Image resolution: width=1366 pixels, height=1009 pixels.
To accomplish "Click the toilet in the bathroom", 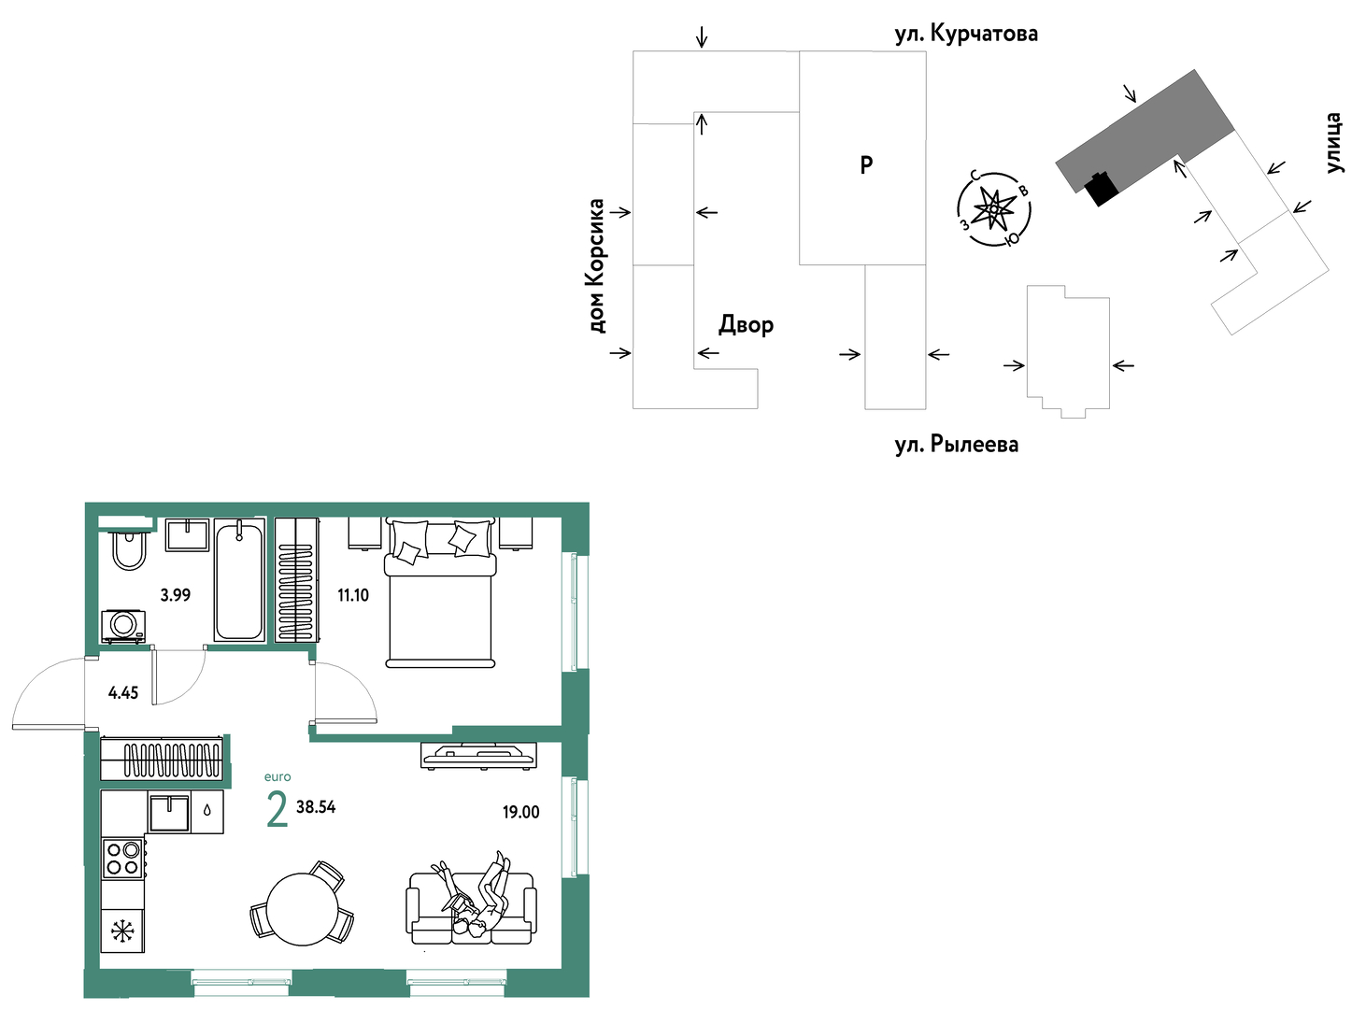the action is [x=128, y=547].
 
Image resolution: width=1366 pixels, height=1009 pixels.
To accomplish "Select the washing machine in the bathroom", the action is [x=123, y=626].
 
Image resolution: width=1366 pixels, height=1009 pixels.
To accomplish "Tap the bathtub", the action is [x=239, y=581].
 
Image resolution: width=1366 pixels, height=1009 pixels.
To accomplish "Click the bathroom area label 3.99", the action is [x=176, y=595].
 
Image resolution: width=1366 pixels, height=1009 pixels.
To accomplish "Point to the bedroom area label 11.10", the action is [x=353, y=595].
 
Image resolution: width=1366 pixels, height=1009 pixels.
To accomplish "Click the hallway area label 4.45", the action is [x=123, y=693].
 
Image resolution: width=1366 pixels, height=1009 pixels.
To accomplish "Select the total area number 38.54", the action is [x=316, y=807].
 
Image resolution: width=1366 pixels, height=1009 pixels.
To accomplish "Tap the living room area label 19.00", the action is [x=520, y=813].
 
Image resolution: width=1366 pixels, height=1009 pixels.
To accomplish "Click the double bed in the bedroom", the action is [x=440, y=592].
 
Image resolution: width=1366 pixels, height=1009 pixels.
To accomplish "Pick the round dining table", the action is [x=303, y=909].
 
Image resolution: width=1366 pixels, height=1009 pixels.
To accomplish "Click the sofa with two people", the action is [x=470, y=908].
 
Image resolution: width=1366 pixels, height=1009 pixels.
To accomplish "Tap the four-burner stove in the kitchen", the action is [x=123, y=859].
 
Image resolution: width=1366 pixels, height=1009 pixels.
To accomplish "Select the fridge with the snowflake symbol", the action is [x=122, y=931].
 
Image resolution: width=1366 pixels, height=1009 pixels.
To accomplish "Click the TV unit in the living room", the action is [x=478, y=755].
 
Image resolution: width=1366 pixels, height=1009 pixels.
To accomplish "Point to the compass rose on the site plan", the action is [x=994, y=209].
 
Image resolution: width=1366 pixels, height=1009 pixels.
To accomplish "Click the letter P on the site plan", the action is [x=866, y=165].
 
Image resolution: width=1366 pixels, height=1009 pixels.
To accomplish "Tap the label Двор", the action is [x=746, y=325].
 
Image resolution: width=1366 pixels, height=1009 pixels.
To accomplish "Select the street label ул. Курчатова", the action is [x=966, y=34].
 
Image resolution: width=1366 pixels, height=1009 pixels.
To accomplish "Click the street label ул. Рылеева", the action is [x=957, y=444].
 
